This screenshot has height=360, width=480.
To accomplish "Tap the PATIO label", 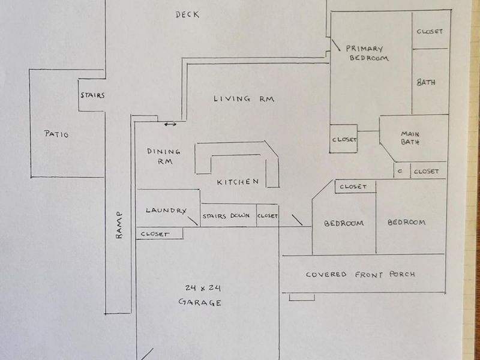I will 56,134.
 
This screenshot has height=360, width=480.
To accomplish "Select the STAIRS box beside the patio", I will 92,95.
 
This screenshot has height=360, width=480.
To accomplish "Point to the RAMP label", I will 118,226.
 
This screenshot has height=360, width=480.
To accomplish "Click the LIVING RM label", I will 244,99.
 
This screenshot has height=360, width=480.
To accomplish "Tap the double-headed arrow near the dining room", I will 170,124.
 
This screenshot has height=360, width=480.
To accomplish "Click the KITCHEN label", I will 238,182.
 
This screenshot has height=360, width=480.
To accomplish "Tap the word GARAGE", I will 200,302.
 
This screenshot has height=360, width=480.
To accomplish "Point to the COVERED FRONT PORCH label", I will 360,275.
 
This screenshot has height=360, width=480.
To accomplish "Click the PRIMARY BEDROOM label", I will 367,53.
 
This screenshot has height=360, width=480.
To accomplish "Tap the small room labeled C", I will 400,171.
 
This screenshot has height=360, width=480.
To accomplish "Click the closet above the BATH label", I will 430,31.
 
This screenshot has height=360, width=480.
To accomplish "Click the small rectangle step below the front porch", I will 301,298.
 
